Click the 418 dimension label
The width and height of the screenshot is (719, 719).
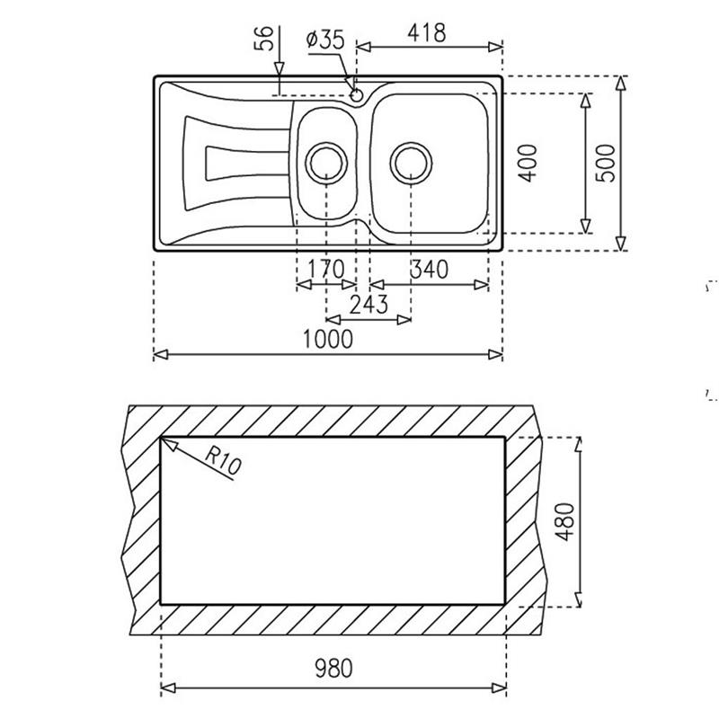(426, 33)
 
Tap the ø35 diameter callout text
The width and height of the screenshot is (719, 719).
(325, 40)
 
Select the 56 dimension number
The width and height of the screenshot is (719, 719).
(264, 38)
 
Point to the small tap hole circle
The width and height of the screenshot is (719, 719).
(357, 95)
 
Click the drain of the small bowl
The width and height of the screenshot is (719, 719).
(326, 163)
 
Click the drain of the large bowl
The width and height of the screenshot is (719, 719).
(411, 163)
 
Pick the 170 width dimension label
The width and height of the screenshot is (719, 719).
(325, 269)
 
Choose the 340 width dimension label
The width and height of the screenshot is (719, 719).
(430, 269)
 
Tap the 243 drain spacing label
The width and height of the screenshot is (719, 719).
(368, 304)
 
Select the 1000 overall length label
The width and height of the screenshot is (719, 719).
(328, 340)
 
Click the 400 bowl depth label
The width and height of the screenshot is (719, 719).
(528, 164)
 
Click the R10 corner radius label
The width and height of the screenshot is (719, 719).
(223, 460)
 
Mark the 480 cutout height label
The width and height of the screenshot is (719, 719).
(564, 522)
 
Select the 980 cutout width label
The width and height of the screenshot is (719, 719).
(333, 668)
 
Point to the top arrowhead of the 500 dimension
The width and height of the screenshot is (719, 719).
(620, 83)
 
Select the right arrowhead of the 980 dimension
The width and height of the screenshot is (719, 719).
(499, 688)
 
